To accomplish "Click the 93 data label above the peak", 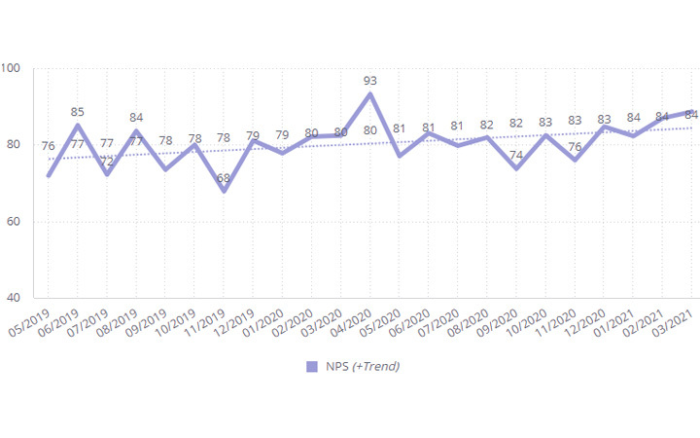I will coord(370,81).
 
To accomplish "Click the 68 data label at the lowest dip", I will coord(224,178).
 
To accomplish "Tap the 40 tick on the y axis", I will coord(15,298).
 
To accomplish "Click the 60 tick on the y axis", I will coord(15,222).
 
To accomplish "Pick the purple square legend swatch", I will coord(312,366).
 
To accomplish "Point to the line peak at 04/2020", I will coord(370,93).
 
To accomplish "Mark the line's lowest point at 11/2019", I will coord(224,191).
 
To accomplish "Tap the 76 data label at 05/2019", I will coord(49,146).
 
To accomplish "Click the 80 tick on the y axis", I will coord(15,145).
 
